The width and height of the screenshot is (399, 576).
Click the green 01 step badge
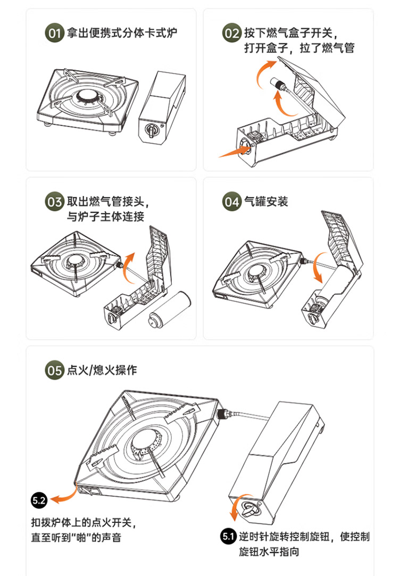coord(54,33)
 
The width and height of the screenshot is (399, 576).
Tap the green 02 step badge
coord(232,33)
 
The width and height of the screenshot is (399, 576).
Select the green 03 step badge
coord(54,202)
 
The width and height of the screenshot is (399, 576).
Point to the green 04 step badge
coord(232,202)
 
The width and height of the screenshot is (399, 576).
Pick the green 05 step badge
coord(54,370)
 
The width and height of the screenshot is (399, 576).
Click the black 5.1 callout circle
coord(229,537)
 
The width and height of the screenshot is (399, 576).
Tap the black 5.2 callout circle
coord(39,500)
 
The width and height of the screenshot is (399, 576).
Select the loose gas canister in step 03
coord(170,310)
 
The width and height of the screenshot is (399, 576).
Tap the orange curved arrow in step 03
coord(128,268)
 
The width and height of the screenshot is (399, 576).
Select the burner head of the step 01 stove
coord(88,97)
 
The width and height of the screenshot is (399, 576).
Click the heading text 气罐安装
coord(267,202)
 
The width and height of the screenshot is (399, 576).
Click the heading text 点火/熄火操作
coord(102,370)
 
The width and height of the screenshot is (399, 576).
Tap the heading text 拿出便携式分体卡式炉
coord(122,33)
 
